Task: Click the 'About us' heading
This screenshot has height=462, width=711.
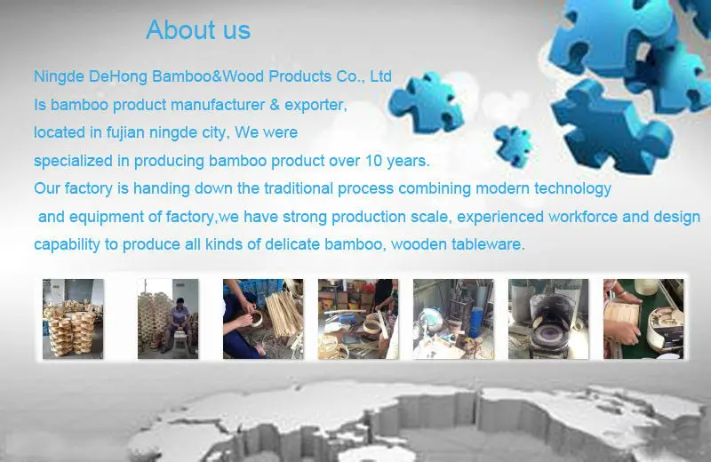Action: point(198,30)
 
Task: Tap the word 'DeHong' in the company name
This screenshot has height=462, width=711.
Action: point(118,76)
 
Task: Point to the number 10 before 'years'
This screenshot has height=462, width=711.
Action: point(373,161)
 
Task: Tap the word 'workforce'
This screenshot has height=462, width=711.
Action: point(583,217)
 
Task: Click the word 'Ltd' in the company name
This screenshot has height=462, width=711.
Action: point(380,76)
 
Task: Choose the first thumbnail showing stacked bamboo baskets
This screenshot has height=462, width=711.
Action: point(73,319)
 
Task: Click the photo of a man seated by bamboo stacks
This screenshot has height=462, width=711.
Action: point(168,319)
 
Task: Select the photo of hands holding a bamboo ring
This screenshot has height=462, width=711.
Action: point(263,319)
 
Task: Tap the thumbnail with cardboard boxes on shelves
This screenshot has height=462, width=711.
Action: point(358,319)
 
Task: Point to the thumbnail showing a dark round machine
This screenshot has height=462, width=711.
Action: point(548,319)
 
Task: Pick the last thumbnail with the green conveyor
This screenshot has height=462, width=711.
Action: point(643,319)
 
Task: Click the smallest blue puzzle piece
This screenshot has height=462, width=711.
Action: point(513,146)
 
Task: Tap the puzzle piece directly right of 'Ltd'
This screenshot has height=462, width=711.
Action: point(427,103)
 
